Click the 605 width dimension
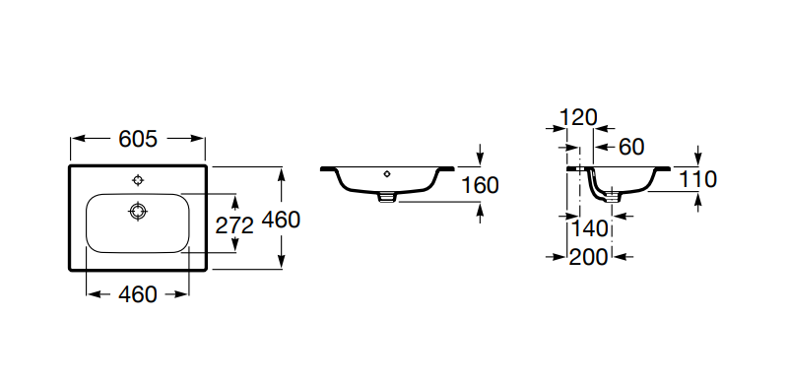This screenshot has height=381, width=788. pos(138,139)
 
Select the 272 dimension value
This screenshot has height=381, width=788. pos(234,225)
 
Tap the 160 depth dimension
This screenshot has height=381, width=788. pos(480,185)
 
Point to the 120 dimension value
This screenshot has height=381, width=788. pos(578,117)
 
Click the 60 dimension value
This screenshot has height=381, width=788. pos(631,147)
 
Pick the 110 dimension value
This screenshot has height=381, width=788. pos(697,179)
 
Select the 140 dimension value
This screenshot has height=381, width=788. pos(589,229)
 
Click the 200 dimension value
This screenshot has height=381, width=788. pos(588,257)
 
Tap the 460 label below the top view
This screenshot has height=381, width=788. pos(138,294)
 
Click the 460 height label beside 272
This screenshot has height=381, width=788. pos(282,220)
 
